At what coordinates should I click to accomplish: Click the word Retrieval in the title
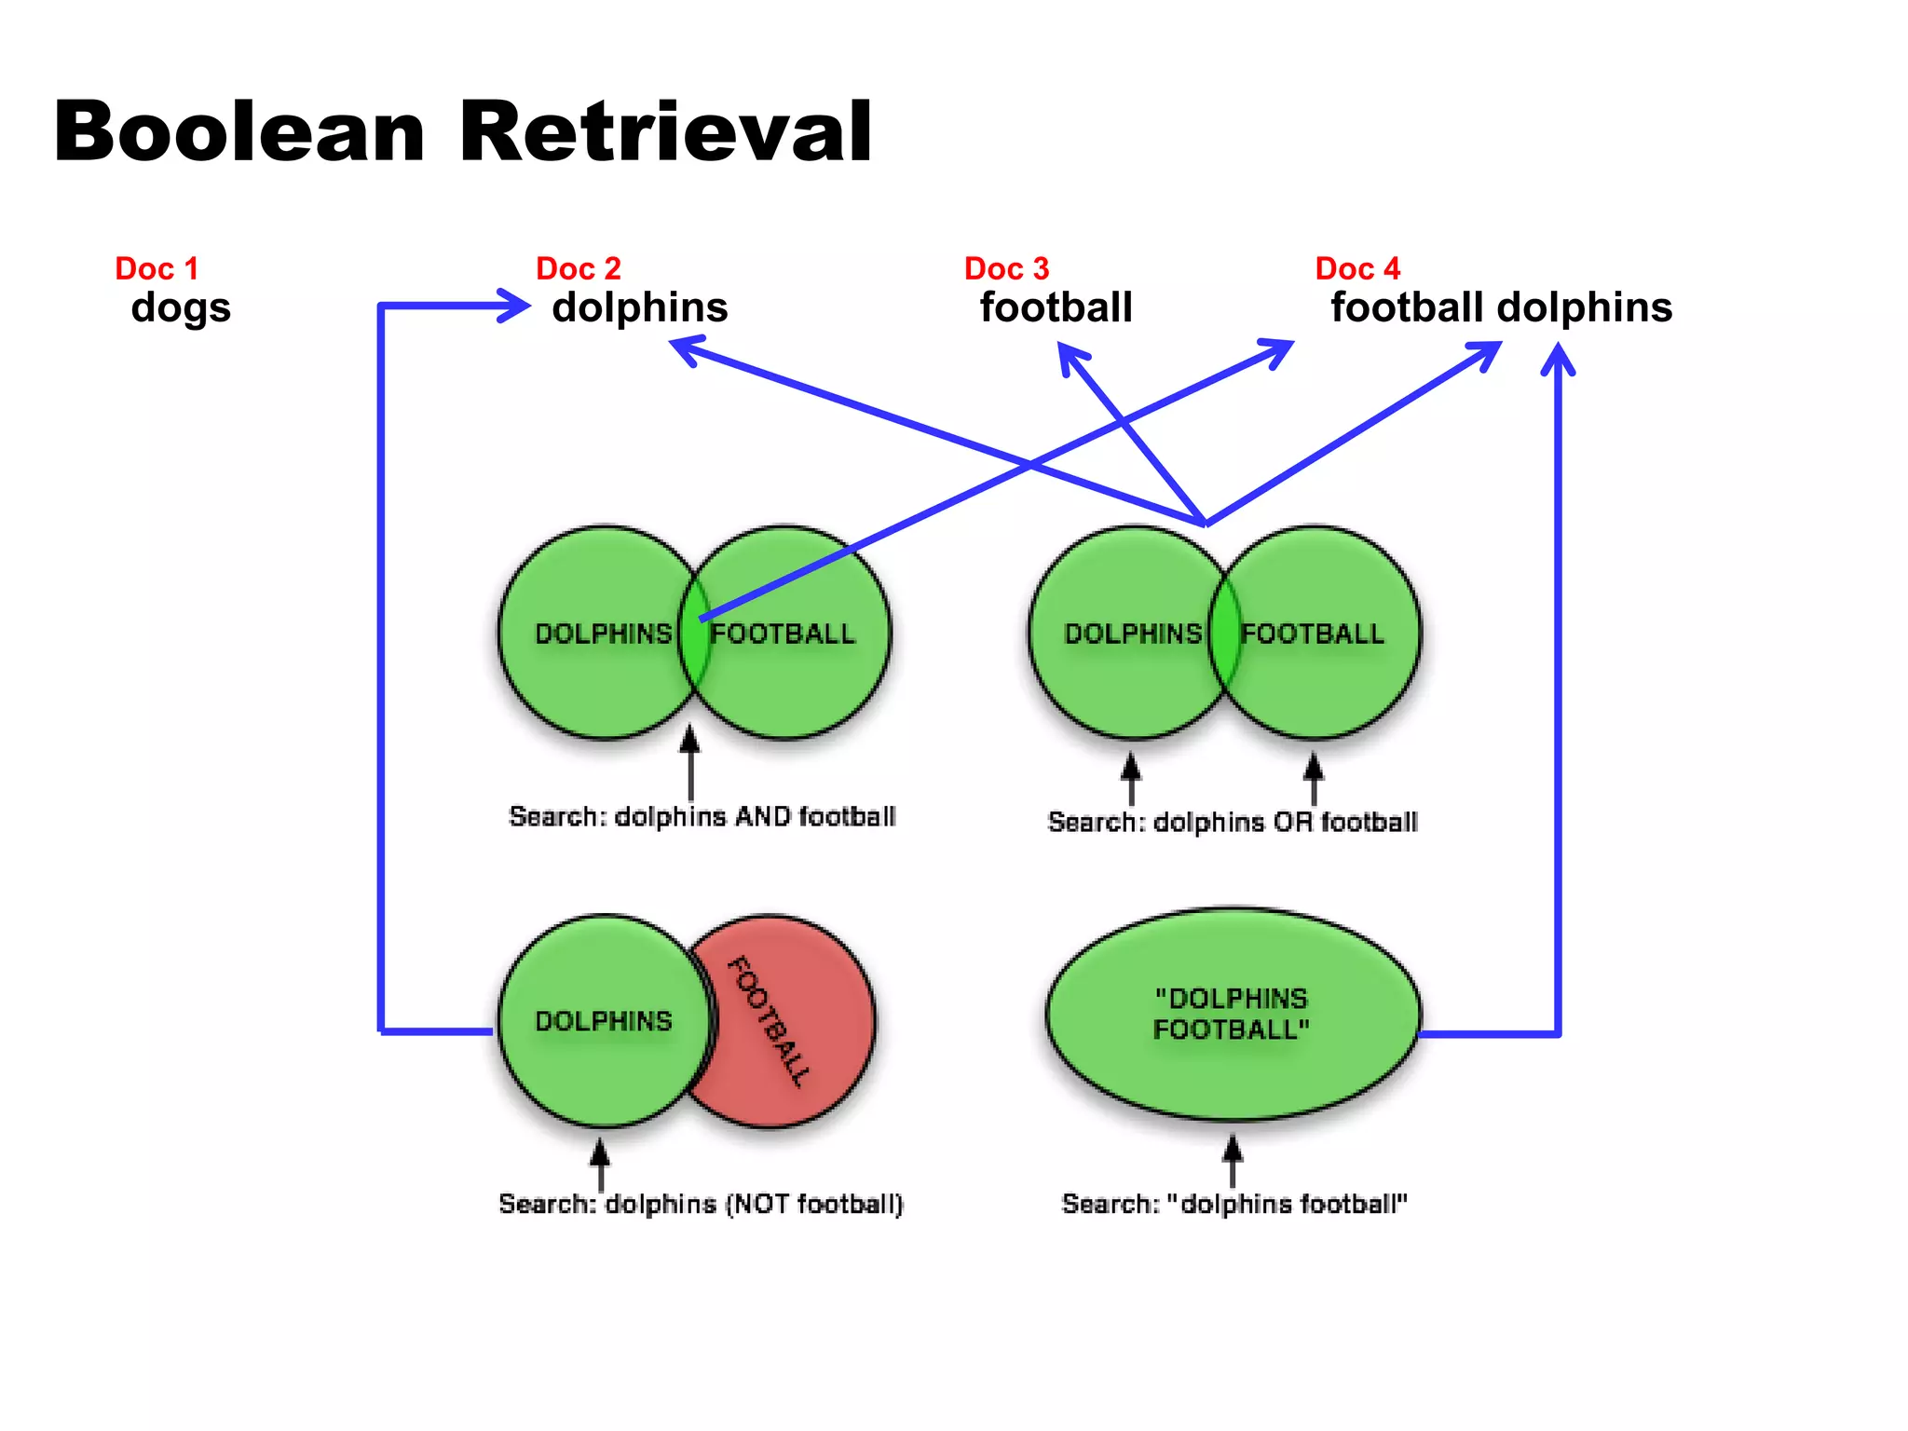click(665, 132)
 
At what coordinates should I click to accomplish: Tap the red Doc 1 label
click(157, 268)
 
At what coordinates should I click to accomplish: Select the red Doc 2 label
click(578, 268)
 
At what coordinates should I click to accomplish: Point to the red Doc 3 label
click(1006, 268)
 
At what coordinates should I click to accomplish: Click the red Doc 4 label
click(1357, 268)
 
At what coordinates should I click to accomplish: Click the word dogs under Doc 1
click(181, 308)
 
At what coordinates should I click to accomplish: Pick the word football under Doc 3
click(1056, 307)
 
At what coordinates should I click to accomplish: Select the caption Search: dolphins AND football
click(702, 817)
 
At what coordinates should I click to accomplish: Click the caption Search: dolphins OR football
click(1232, 822)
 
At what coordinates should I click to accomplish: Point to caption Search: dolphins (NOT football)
click(701, 1204)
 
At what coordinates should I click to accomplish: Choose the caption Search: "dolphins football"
click(1233, 1204)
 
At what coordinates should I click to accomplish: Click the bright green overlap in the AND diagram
click(693, 652)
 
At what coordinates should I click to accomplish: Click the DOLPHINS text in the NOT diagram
click(603, 1021)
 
